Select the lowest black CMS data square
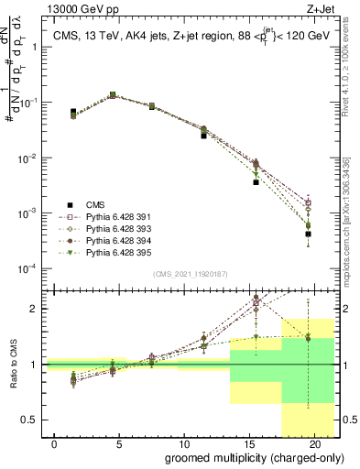point(308,234)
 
